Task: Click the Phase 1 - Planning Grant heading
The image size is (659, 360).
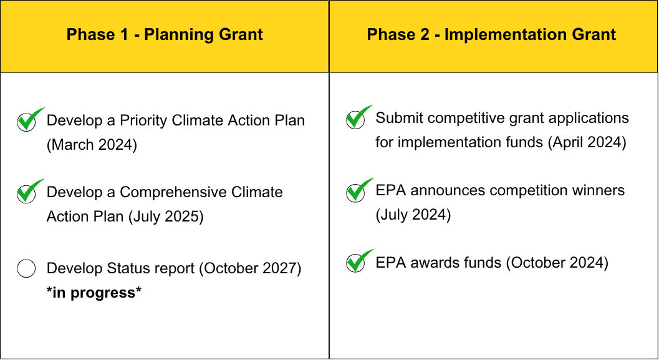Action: [x=165, y=34]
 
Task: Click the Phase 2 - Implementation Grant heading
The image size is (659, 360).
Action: [x=491, y=34]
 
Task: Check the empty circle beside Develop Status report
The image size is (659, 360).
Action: [x=26, y=268]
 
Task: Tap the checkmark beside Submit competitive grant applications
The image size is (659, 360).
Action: [x=359, y=117]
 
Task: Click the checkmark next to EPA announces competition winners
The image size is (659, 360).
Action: [x=359, y=190]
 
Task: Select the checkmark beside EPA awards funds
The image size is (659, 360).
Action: [x=359, y=261]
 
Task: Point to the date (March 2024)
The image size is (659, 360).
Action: [x=92, y=145]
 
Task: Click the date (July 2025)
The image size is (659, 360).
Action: [x=166, y=216]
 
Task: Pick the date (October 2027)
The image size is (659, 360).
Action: [x=250, y=268]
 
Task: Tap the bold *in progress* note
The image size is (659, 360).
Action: [x=94, y=292]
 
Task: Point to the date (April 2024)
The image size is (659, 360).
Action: [x=587, y=142]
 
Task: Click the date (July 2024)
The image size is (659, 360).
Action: [x=413, y=215]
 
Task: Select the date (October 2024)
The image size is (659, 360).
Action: [x=557, y=263]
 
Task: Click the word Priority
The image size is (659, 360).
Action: [x=143, y=120]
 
